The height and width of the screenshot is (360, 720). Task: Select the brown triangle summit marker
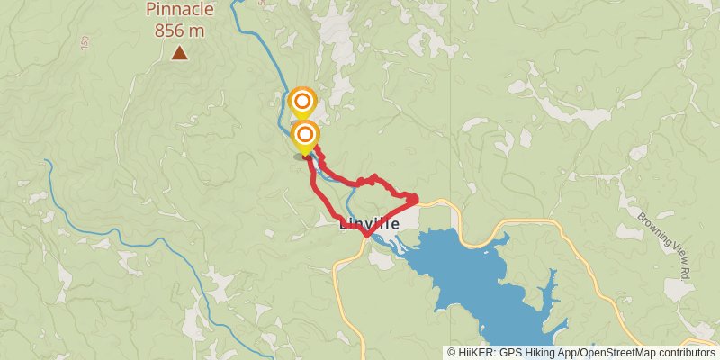pos(180,54)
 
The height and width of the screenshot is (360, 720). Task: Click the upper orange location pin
pos(303,101)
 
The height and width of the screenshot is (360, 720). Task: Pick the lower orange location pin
pos(305,137)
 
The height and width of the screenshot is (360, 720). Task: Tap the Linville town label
pos(370,224)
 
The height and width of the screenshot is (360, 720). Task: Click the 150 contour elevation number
pos(85,43)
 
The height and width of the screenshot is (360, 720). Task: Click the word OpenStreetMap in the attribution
pos(614,353)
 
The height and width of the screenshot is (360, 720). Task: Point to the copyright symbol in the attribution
pos(452,353)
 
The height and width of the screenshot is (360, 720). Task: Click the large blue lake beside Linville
pos(468,279)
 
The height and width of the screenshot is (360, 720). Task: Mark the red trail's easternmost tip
pos(417,197)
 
